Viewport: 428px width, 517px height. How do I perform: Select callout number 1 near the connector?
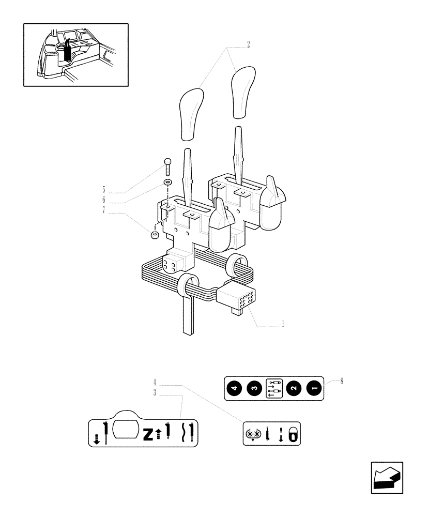pos(283,325)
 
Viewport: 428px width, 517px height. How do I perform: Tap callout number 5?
pos(103,189)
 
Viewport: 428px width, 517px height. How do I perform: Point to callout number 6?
pos(103,200)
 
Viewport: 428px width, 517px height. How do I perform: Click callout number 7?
pos(103,210)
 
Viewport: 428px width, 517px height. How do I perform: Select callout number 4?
pos(155,383)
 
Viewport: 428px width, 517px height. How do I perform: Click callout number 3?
pos(155,393)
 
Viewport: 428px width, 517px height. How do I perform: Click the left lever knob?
pos(192,114)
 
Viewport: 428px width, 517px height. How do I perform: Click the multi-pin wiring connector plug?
pos(235,299)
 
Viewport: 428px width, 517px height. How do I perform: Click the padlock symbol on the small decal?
pos(293,434)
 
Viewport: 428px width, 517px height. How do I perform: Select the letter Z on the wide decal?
pos(148,434)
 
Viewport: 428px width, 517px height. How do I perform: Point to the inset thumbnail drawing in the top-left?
pos(75,54)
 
